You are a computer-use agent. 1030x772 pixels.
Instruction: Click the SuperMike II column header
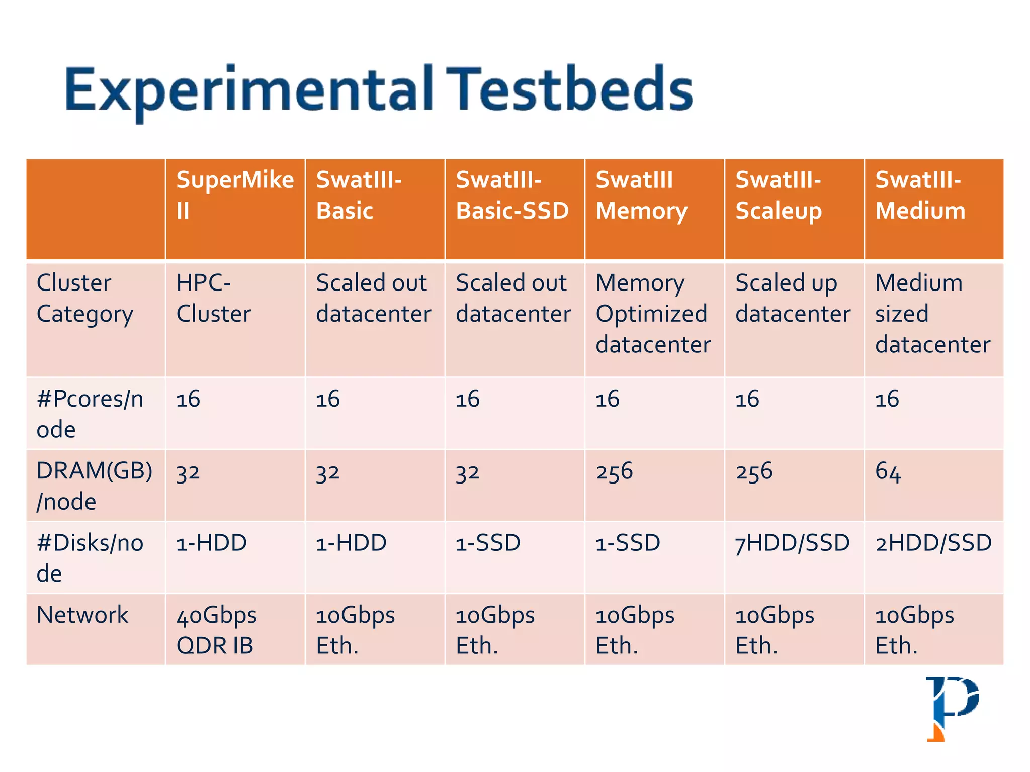tap(234, 195)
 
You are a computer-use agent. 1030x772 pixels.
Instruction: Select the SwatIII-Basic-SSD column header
tap(512, 195)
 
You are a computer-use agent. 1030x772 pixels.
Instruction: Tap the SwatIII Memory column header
tap(641, 195)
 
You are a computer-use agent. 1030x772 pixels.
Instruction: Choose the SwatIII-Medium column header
tap(920, 195)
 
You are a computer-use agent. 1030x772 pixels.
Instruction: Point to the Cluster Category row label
tap(84, 299)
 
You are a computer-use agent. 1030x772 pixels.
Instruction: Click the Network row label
tap(82, 615)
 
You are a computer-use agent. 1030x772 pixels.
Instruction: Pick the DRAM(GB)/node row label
tap(94, 486)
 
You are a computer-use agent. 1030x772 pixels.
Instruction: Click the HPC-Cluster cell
tap(213, 299)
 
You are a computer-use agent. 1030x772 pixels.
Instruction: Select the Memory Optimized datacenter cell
tap(653, 314)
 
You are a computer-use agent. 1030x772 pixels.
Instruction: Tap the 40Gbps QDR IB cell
tap(216, 630)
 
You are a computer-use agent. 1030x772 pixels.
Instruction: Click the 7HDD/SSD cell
tap(792, 543)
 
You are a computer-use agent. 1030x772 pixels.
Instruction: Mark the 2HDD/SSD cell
tap(933, 543)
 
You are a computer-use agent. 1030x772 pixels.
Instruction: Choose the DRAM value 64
tap(888, 472)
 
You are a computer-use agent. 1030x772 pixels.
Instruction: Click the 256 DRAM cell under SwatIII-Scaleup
tap(753, 472)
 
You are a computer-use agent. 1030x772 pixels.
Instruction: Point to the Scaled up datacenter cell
tap(793, 299)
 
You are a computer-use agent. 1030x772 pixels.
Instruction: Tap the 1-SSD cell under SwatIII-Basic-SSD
tap(488, 543)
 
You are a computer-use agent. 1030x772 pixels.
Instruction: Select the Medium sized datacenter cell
tap(932, 314)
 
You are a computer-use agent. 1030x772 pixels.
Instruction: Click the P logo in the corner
tap(952, 708)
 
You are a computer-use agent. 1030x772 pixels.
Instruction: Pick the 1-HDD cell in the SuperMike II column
tap(211, 543)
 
